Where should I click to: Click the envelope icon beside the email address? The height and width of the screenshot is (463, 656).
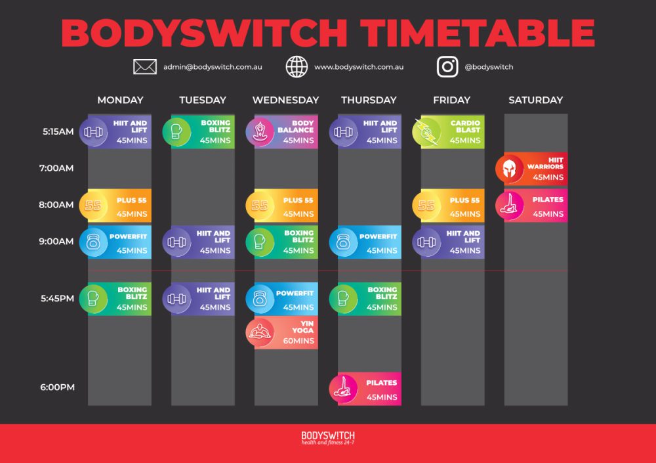click(x=145, y=66)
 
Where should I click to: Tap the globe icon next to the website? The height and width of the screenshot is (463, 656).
click(x=297, y=66)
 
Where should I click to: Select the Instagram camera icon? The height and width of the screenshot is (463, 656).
click(x=447, y=66)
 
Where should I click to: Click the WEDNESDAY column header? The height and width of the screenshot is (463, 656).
click(x=285, y=100)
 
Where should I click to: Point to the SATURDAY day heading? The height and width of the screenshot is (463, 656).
click(x=535, y=100)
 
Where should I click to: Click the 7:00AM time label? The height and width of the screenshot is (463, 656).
click(x=56, y=168)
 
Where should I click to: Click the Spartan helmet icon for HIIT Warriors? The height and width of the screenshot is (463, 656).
click(x=510, y=169)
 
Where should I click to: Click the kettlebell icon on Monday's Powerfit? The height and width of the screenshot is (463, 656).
click(x=93, y=242)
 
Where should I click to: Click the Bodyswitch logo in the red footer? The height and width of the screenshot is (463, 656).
click(x=328, y=437)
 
